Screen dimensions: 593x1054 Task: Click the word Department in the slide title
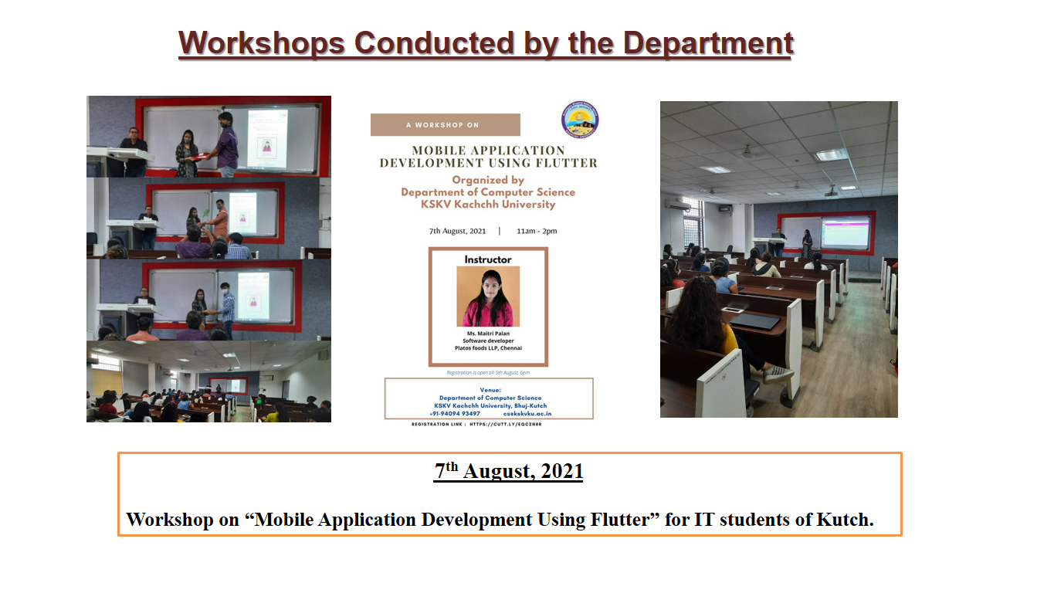click(708, 43)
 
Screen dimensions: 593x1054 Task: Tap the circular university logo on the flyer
click(580, 120)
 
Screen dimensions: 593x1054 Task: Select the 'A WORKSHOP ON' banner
click(445, 124)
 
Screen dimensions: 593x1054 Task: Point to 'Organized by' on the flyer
click(487, 180)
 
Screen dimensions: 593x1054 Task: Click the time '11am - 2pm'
click(537, 231)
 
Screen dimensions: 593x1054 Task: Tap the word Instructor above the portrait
click(487, 259)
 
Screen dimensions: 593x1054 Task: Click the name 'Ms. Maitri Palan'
click(487, 333)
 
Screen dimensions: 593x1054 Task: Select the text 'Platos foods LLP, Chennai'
click(487, 348)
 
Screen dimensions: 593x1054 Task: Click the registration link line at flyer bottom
click(476, 424)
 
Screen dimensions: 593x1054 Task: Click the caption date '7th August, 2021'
click(508, 471)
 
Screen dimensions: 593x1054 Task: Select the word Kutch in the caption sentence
click(845, 520)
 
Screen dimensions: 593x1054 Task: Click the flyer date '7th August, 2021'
click(457, 231)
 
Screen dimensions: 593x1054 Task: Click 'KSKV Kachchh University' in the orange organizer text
click(487, 205)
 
